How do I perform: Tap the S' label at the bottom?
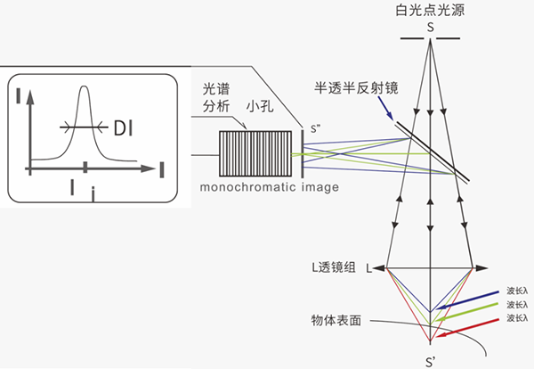[430, 360]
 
